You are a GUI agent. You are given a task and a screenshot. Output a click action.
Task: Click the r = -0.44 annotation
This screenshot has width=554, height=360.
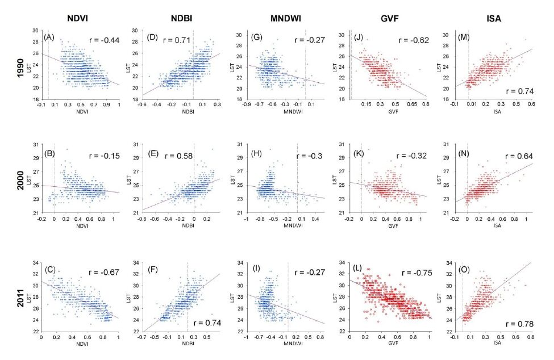click(x=106, y=40)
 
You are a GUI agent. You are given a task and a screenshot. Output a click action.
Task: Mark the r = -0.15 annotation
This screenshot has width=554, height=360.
click(x=106, y=155)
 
